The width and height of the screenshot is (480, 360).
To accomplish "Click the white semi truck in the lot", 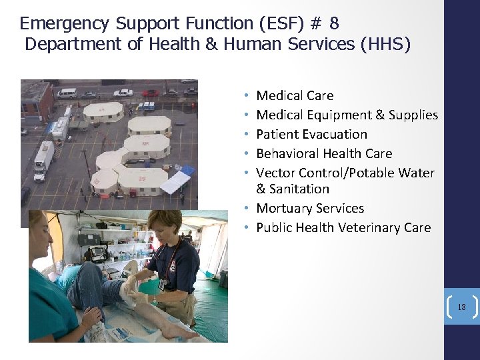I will click(43, 161).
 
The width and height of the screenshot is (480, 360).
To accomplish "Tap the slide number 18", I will click(461, 307).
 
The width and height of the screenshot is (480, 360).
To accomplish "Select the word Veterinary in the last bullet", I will click(369, 228).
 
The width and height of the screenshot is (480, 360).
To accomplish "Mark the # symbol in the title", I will click(317, 24).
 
